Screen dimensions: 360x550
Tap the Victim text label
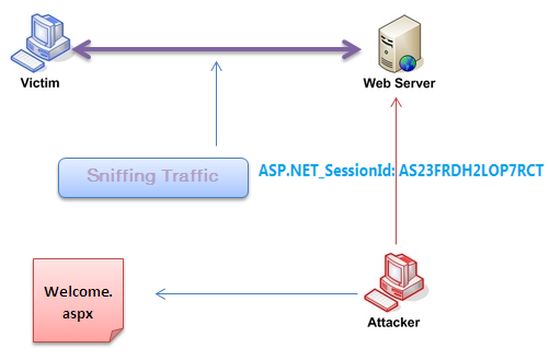pos(40,82)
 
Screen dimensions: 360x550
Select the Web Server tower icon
pos(392,44)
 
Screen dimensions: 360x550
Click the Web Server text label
pos(397,82)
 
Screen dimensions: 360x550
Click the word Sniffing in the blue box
pos(126,176)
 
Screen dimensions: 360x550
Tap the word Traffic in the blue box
pos(200,176)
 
